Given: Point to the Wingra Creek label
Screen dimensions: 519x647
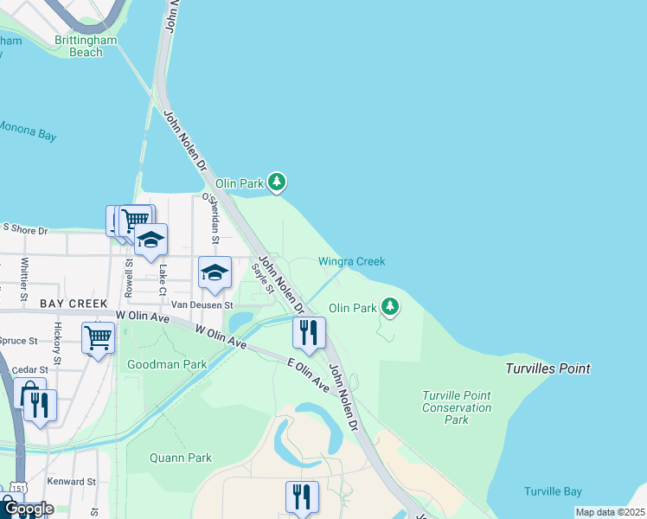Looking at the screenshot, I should [x=351, y=261].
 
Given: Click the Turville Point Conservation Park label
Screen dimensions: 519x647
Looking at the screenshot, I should [x=457, y=407].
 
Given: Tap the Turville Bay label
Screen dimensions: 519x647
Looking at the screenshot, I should [x=553, y=491].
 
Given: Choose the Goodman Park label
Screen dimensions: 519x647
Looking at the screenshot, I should [x=167, y=364].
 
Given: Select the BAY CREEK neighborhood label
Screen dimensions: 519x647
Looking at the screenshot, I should [x=74, y=304].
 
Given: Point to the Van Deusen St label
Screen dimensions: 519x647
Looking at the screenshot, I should [x=202, y=304].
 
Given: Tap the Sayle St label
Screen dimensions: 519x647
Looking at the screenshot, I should [x=262, y=278].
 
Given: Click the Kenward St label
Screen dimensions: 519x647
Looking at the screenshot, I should [x=73, y=481].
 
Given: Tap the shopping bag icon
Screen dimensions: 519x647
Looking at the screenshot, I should [x=29, y=392].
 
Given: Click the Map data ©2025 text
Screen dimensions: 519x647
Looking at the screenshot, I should [x=609, y=512].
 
